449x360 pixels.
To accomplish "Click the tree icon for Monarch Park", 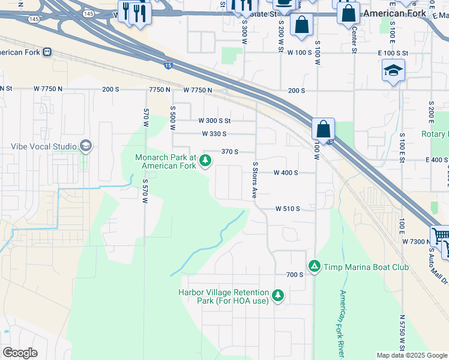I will [x=205, y=160].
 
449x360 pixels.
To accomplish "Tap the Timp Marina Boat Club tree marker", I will [x=313, y=265].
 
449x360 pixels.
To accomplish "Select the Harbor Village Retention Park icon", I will [x=277, y=295].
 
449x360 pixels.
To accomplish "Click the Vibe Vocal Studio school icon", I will [x=86, y=145].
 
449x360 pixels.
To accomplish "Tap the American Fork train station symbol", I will [x=47, y=52].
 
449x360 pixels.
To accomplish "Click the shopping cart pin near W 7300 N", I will [x=440, y=235].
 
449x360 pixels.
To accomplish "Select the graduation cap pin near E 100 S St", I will [x=393, y=71].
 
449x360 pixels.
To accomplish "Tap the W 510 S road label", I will [x=287, y=209].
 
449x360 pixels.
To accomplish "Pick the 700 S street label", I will [x=294, y=274].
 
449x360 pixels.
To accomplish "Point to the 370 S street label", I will [x=230, y=152].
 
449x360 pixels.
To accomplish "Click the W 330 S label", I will [x=214, y=134].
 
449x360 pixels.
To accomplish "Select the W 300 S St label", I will [x=214, y=121].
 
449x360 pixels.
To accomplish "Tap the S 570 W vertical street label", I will [x=145, y=190].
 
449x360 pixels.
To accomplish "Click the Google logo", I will [x=19, y=353].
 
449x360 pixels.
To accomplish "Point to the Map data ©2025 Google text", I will [x=411, y=355].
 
